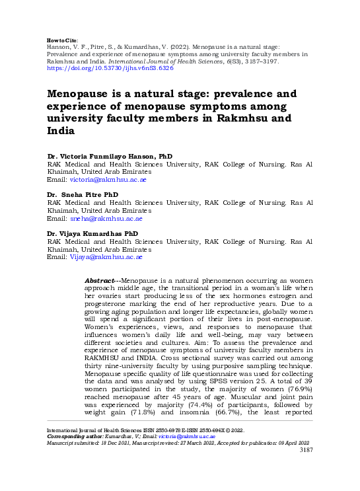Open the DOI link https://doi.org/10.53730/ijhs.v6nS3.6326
(110, 68)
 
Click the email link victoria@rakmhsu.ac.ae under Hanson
(106, 179)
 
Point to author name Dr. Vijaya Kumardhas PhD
(92, 234)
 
